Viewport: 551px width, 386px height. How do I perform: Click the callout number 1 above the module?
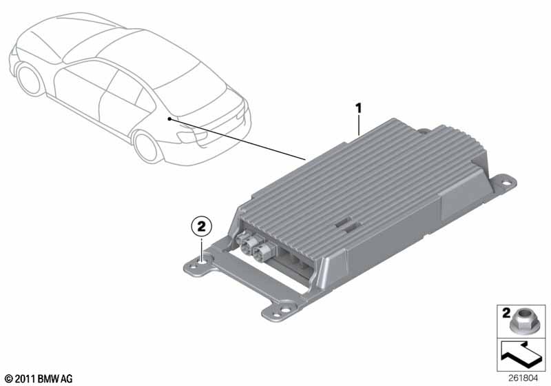[x=358, y=108]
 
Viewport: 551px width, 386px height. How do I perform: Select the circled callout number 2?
[x=201, y=226]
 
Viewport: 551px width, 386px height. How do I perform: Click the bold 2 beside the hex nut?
[x=506, y=312]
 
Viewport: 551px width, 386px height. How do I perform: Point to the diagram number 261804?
[x=523, y=378]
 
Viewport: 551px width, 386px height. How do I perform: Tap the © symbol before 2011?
[x=10, y=379]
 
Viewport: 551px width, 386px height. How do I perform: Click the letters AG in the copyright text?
[x=67, y=379]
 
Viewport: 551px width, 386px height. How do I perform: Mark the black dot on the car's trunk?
[x=169, y=119]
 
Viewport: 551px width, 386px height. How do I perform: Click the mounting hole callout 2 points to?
[x=202, y=261]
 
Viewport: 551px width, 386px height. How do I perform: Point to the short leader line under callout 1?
[x=358, y=125]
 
